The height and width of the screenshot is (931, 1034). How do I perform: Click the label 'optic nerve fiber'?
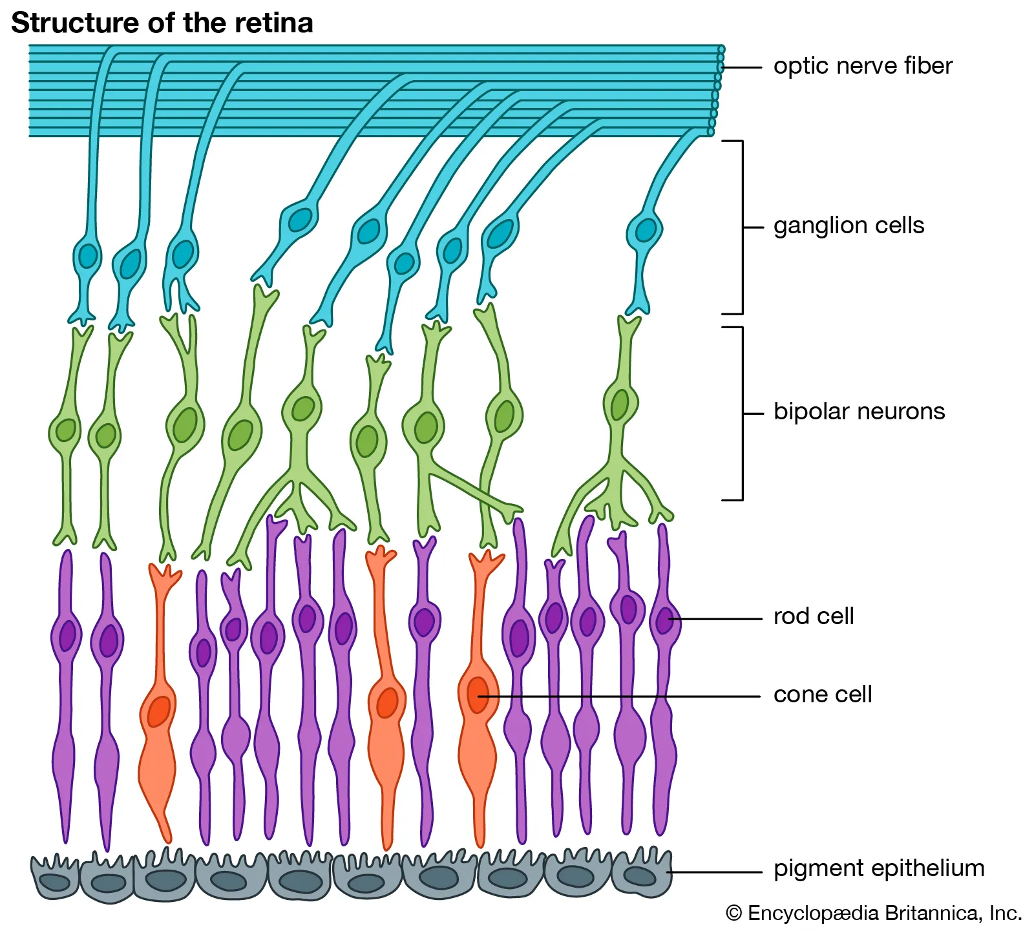coord(862,66)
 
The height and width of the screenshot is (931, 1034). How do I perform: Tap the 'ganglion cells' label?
coord(848,225)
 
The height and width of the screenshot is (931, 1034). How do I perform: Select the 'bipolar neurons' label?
coord(858,412)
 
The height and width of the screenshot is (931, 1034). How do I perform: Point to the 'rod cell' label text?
coord(813,616)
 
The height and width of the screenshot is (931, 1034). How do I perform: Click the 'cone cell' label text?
coord(822,695)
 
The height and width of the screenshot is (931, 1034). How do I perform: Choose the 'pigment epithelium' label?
coord(878,868)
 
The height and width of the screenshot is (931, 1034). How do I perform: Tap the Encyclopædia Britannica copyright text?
coord(874,913)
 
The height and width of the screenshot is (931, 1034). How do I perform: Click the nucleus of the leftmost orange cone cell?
coord(158,711)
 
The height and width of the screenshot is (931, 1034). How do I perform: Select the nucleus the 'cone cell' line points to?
coord(478,695)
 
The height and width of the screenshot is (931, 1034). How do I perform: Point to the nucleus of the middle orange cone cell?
coord(387,702)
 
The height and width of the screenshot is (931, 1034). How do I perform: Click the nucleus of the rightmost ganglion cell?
coord(645,230)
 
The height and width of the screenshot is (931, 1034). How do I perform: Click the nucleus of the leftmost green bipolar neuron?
coord(65,430)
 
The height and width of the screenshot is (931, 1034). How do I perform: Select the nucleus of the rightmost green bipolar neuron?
coord(619,404)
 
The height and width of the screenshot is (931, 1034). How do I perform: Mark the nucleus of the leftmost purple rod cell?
coord(67,635)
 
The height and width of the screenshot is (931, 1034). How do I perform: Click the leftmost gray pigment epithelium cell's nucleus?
coord(55,882)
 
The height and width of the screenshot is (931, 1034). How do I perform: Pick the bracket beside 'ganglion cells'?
coord(741,227)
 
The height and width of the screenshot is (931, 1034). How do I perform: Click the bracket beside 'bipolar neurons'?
coord(741,413)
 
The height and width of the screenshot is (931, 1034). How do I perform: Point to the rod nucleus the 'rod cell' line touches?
coord(664,621)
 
